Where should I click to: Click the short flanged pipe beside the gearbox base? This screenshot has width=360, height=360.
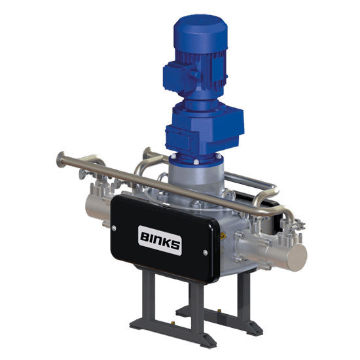[152, 157]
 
